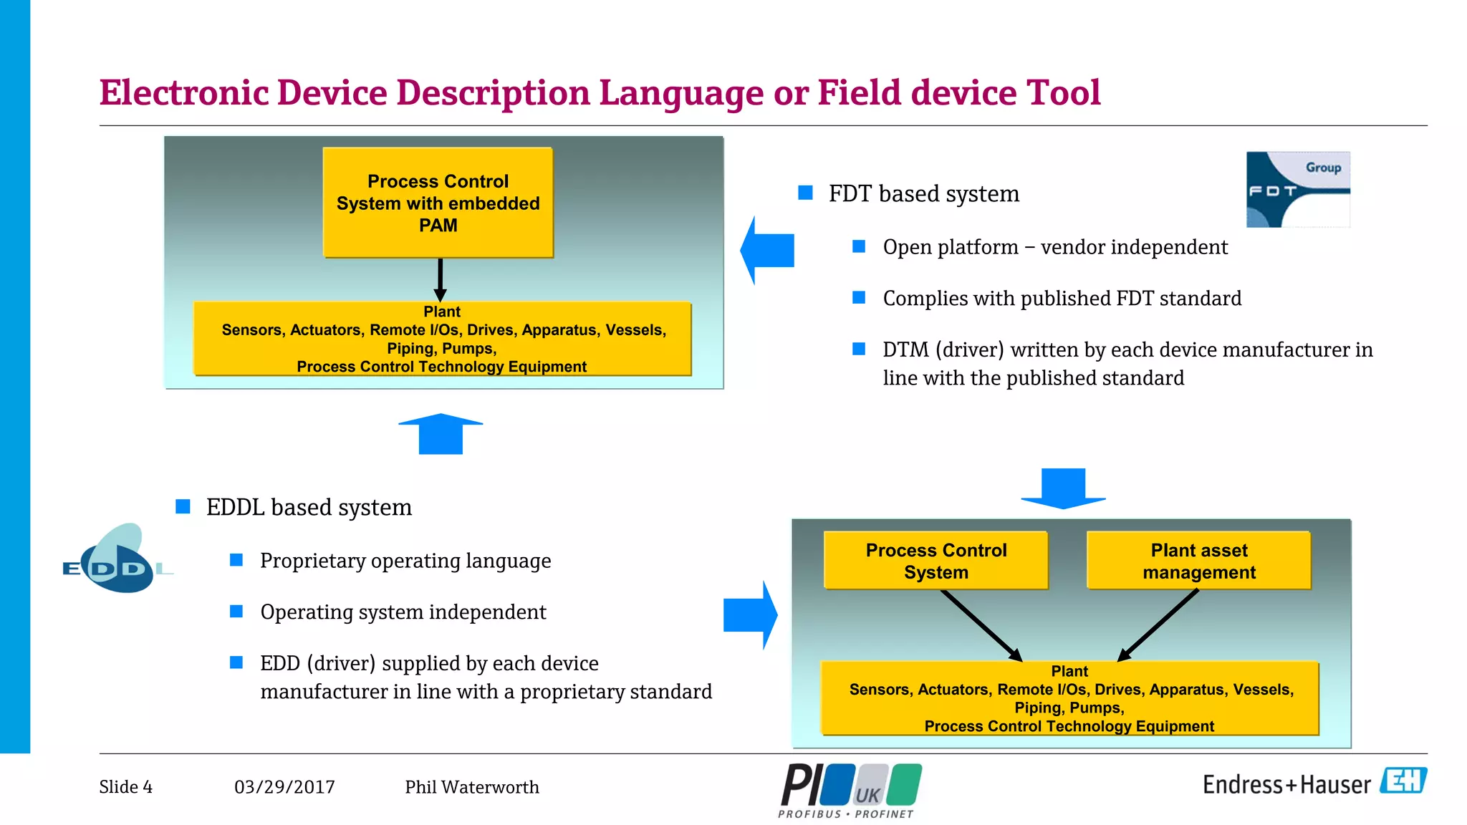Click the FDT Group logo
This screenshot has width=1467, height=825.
(1298, 190)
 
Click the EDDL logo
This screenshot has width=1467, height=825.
(117, 560)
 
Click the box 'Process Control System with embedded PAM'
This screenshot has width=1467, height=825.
(438, 203)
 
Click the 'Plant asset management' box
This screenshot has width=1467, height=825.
(1198, 561)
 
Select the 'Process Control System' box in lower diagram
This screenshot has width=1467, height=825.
(935, 561)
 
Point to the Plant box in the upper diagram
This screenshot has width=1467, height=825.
(442, 339)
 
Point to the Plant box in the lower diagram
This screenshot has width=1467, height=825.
(1069, 698)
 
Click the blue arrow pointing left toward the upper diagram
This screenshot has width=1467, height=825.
(767, 250)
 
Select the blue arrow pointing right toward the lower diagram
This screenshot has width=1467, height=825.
(750, 614)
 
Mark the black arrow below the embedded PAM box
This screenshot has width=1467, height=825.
(440, 279)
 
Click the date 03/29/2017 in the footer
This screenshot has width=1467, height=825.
(284, 787)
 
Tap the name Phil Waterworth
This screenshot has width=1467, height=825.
(471, 787)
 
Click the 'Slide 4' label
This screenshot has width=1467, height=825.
(126, 787)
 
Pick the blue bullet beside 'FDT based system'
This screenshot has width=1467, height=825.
(805, 193)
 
